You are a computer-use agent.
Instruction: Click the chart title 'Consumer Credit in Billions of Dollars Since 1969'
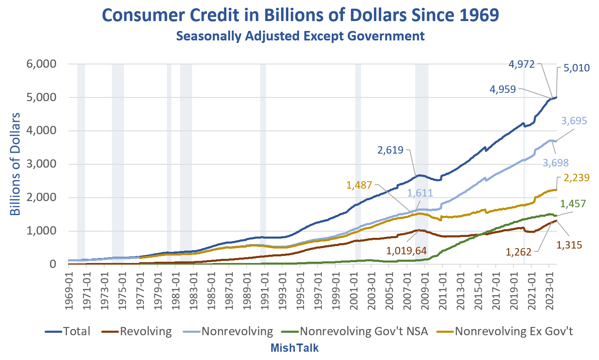point(300,15)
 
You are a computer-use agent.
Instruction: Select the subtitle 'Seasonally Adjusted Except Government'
point(300,36)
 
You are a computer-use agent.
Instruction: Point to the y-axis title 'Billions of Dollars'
point(15,164)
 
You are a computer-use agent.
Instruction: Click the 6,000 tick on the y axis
point(41,64)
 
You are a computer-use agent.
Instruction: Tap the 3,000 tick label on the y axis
point(41,164)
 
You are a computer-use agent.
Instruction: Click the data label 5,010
point(576,68)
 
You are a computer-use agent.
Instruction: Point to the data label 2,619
point(390,150)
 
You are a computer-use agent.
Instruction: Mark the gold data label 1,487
point(359,185)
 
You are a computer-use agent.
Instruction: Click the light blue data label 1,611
point(420,193)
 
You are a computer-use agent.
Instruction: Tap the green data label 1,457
point(573,204)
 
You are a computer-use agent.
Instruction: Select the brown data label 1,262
point(518,252)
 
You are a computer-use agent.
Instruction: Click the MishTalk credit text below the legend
point(294,348)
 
